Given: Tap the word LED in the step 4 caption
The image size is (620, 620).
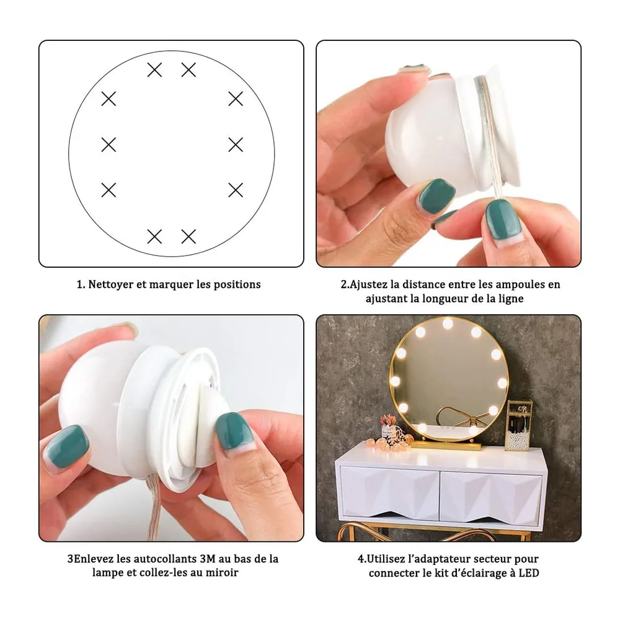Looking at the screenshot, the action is (x=529, y=573).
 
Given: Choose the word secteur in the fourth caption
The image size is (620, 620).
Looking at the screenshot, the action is (x=492, y=559).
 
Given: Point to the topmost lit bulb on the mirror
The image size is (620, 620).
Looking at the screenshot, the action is (x=448, y=324).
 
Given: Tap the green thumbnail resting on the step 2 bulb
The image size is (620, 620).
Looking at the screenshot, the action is (x=437, y=196).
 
